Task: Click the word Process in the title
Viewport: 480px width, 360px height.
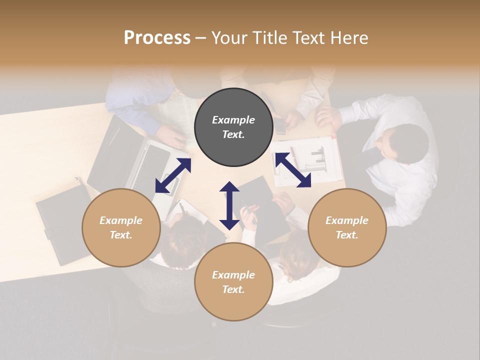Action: [157, 38]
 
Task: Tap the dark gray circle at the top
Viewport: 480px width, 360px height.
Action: [233, 127]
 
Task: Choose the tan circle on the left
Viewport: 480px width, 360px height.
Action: [121, 227]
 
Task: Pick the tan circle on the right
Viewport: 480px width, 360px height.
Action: [347, 227]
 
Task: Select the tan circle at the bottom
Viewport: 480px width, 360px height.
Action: [233, 281]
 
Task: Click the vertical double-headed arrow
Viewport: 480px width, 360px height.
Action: [229, 205]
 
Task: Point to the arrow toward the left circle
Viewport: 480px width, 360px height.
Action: [173, 175]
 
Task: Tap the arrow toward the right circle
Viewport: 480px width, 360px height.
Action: [293, 170]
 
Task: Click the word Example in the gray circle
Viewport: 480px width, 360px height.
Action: [233, 120]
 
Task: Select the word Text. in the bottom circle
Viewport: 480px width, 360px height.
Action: [233, 289]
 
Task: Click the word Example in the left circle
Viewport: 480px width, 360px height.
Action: [121, 220]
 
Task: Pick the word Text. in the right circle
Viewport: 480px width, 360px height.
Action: [347, 235]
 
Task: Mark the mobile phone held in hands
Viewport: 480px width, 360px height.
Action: [281, 126]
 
